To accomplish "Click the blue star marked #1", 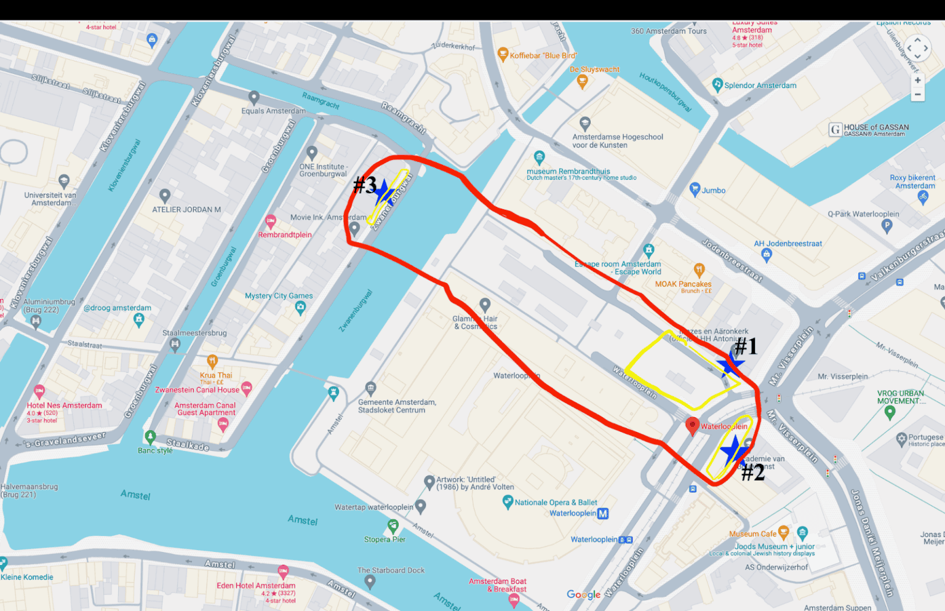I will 730,364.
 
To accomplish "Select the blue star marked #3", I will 384,193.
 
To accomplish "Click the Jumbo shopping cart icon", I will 695,189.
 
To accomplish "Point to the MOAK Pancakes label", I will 683,284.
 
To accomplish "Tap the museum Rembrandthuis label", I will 568,172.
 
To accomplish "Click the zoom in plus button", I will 917,80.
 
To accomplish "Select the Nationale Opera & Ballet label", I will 556,503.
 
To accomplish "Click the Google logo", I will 583,594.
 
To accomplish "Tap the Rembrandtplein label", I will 285,235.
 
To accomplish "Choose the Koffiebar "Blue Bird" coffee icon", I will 503,54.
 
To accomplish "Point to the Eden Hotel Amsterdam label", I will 256,586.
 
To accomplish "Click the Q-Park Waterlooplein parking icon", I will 887,225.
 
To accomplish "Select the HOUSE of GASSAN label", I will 876,127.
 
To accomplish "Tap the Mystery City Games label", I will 279,296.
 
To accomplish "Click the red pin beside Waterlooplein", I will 692,425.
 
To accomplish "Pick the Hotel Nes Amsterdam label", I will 64,405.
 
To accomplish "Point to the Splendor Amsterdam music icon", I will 717,84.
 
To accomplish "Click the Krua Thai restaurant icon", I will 212,361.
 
